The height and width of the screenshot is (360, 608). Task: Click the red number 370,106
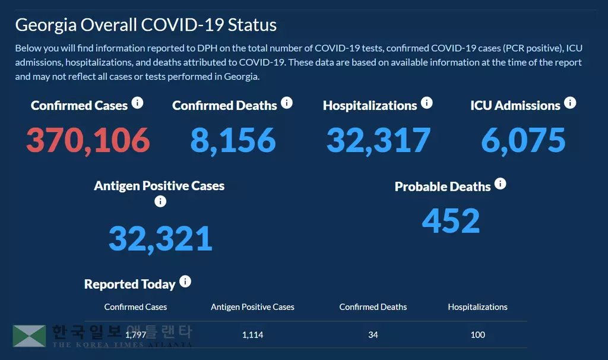[88, 140]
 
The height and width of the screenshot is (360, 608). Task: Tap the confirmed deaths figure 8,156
[233, 140]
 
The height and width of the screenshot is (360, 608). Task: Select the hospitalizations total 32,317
[378, 140]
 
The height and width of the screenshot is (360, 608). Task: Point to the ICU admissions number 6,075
[523, 140]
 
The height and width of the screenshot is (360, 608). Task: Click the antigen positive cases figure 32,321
[160, 238]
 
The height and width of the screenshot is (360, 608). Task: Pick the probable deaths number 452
[451, 220]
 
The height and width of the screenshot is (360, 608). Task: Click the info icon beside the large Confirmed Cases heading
[137, 103]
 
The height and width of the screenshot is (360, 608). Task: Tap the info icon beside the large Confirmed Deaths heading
[287, 103]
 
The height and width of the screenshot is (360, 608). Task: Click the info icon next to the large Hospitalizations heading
[426, 103]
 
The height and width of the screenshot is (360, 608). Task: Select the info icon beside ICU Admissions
[570, 103]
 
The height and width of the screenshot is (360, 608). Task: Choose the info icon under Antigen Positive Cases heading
[160, 201]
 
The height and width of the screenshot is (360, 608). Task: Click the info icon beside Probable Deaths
[501, 184]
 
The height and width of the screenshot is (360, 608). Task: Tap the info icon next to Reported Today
[185, 282]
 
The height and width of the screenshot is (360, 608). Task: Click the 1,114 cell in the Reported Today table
[252, 334]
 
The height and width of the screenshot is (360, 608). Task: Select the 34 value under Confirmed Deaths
[373, 334]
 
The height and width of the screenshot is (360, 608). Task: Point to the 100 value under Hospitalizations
[477, 334]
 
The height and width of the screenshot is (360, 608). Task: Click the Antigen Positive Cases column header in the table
[252, 307]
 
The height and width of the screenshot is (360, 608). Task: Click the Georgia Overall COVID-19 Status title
[145, 25]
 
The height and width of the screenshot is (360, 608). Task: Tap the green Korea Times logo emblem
[29, 336]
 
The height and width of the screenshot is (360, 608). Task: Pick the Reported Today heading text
[129, 285]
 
